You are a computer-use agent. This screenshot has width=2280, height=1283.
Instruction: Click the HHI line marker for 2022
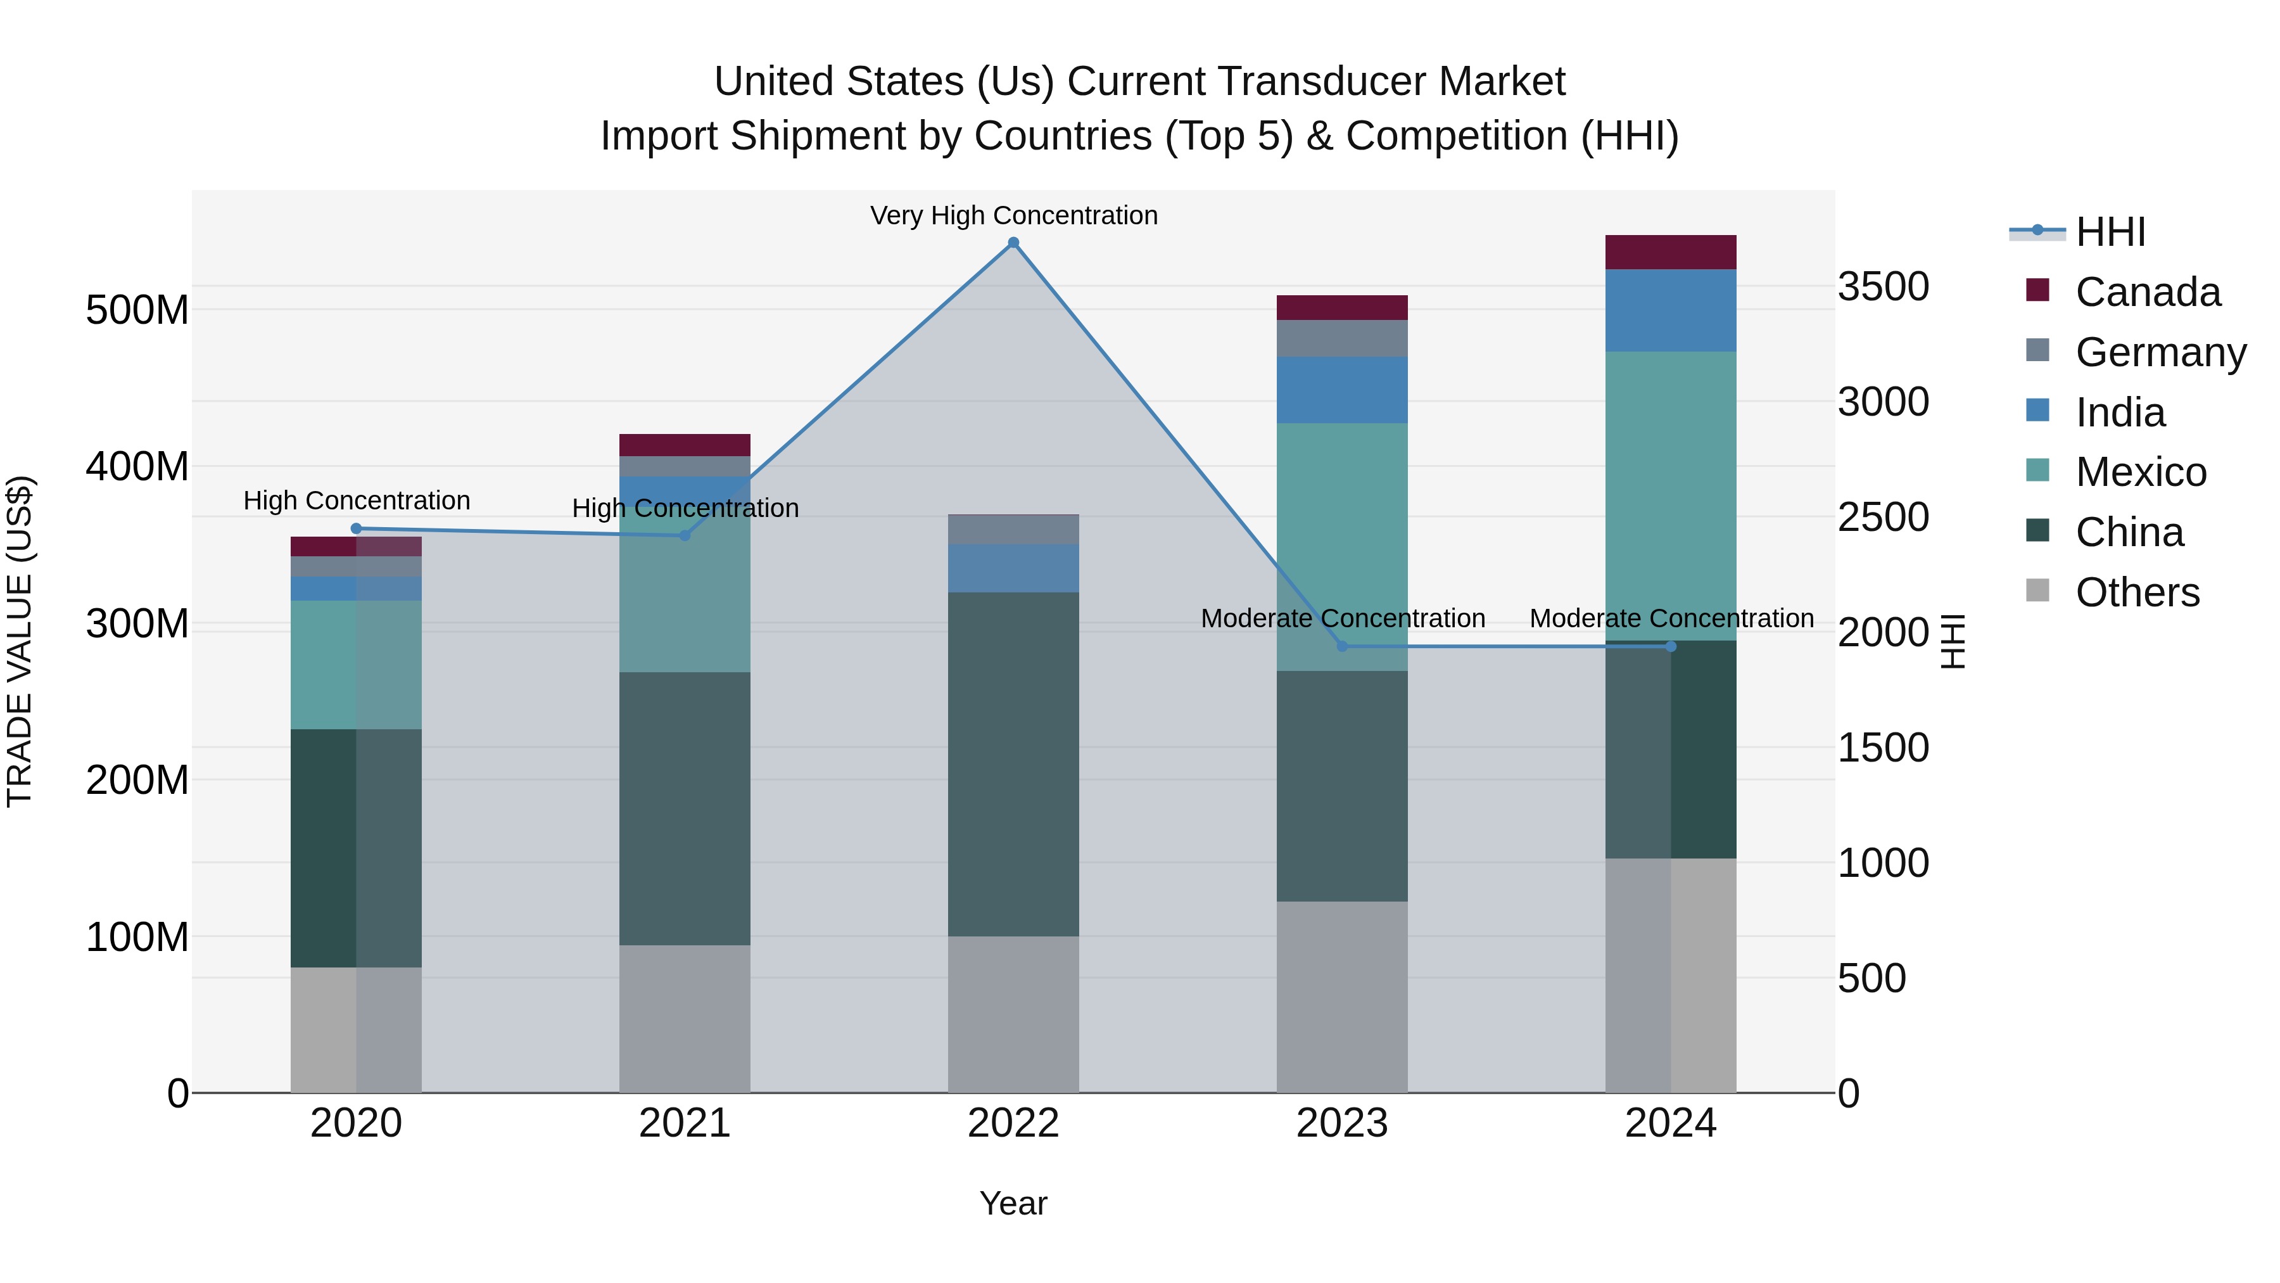[1013, 243]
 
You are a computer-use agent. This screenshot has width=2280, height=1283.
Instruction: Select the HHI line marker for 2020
[357, 528]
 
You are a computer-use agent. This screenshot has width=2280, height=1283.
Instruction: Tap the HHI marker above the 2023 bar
[1342, 646]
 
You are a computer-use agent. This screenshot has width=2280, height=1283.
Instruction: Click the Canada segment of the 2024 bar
[1670, 252]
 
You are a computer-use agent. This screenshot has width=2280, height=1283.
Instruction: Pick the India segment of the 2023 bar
[1342, 390]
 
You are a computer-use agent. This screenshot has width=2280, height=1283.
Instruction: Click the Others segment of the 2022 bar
[1013, 1014]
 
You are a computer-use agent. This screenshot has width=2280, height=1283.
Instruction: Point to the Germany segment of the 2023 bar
[1342, 338]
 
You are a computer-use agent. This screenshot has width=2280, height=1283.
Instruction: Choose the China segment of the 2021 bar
[684, 808]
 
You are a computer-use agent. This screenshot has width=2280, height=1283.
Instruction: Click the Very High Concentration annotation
[1013, 215]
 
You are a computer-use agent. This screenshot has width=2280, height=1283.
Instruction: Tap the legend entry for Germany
[2160, 352]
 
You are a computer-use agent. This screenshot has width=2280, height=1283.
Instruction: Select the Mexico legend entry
[2140, 472]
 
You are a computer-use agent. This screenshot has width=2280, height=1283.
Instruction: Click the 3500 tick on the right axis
[1884, 287]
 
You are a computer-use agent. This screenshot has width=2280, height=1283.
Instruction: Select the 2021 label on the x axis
[684, 1123]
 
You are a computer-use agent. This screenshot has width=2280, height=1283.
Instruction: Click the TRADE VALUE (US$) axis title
[20, 641]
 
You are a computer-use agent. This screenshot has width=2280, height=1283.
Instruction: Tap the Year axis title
[1013, 1203]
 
